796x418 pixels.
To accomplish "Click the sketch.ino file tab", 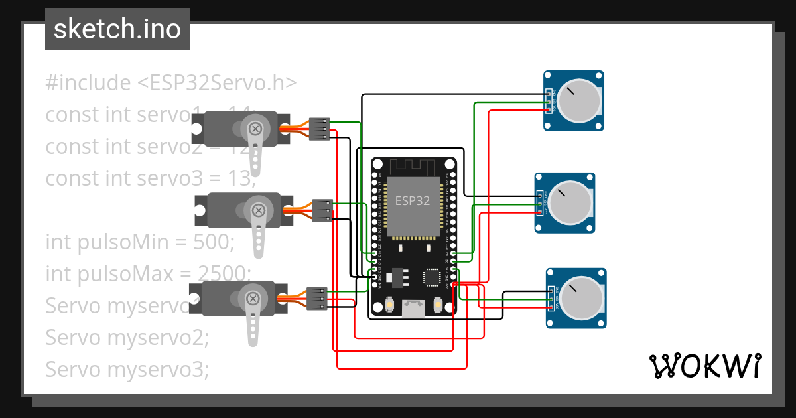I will pos(117,29).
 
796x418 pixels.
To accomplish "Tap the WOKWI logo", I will pos(704,366).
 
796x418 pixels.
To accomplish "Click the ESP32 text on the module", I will pos(413,201).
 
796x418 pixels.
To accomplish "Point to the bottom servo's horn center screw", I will pos(253,299).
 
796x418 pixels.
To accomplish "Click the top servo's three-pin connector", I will pos(320,129).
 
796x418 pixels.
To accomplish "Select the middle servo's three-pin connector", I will pos(322,210).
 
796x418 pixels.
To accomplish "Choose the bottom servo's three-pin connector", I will pos(316,299).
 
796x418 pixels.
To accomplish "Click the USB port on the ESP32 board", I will pos(413,309).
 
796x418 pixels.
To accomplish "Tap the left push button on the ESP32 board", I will pos(389,305).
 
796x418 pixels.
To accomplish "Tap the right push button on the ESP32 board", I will pos(437,305).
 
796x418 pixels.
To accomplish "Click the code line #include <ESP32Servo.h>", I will pos(170,83).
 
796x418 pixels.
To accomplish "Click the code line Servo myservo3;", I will pos(127,369).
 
